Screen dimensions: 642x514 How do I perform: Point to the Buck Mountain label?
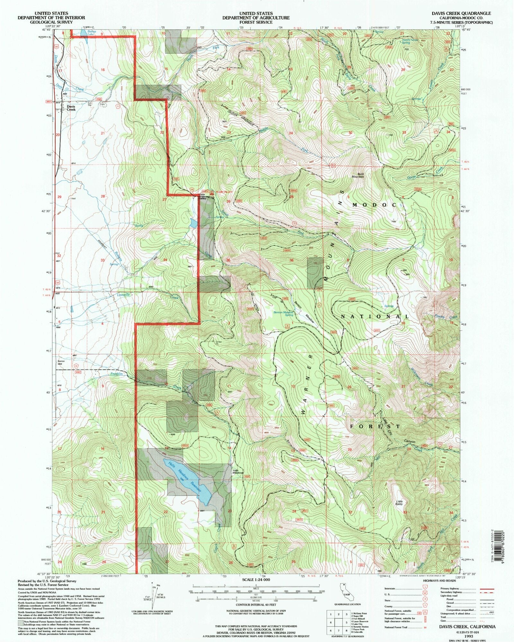point(358,175)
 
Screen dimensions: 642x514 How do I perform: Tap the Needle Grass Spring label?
point(410,41)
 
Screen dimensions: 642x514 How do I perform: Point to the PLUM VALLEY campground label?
point(224,192)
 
